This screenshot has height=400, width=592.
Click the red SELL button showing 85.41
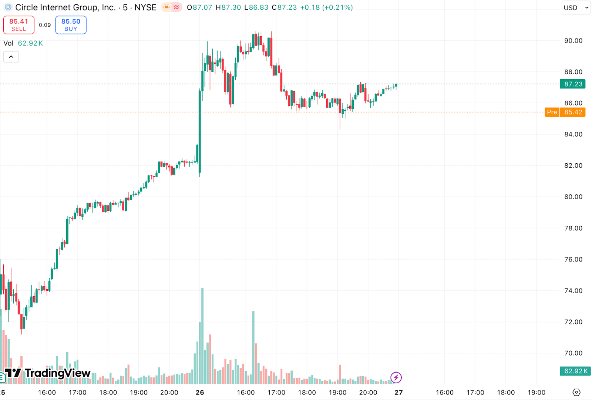pos(19,25)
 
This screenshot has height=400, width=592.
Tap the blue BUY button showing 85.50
pos(71,25)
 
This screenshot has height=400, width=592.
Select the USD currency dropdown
pos(575,7)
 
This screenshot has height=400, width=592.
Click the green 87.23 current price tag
pos(573,84)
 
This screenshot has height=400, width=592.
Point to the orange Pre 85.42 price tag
pos(565,112)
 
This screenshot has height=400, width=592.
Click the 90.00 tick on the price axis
pos(573,41)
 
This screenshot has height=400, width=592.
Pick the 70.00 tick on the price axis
pos(573,353)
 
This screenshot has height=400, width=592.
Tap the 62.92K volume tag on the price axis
pos(575,371)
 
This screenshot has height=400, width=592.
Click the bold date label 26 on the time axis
pos(200,393)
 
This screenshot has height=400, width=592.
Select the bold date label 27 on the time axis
pos(398,393)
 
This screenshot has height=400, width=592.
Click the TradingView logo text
pos(57,373)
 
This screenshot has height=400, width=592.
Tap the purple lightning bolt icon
pos(396,377)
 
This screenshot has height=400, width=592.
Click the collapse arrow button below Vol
pos(11,57)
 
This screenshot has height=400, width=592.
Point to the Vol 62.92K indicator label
pos(23,43)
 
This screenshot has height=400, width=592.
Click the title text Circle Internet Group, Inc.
pos(65,7)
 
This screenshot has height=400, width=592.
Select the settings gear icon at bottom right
pos(576,392)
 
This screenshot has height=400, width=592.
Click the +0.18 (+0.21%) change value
pos(326,7)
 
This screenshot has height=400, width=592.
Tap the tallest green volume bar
pos(202,335)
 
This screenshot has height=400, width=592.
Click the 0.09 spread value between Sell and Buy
pos(45,25)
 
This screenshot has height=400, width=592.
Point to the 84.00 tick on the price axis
pos(573,134)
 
